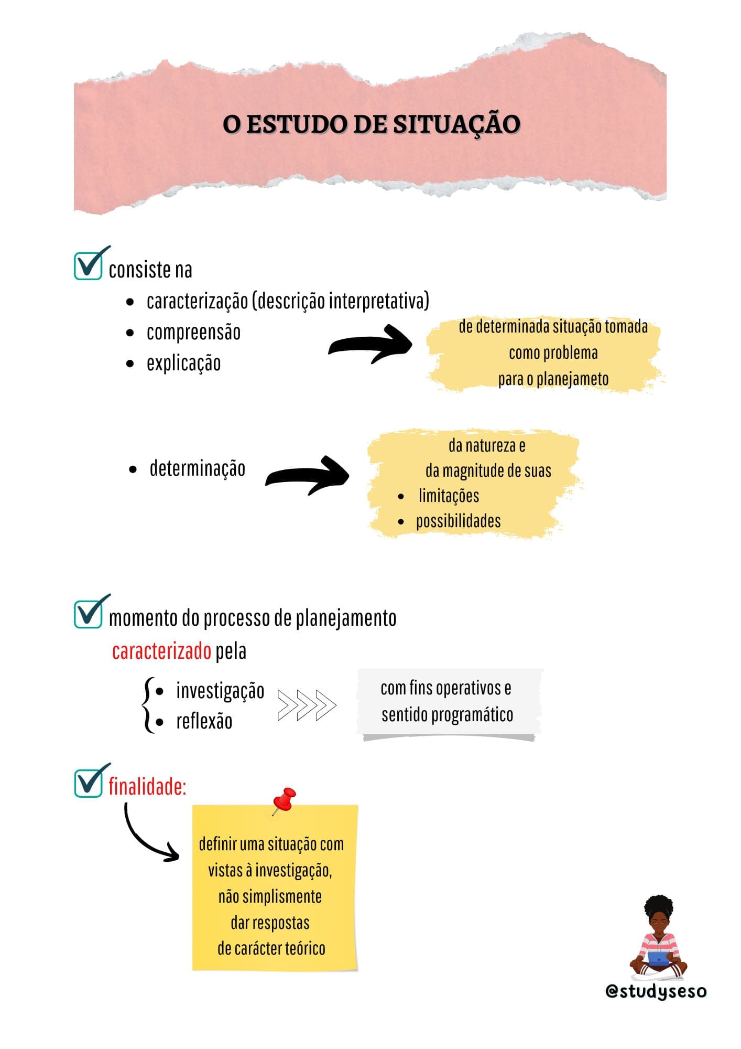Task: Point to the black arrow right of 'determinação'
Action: point(307,475)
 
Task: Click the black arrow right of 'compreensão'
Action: point(370,344)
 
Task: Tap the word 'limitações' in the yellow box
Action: point(449,496)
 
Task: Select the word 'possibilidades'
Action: point(459,521)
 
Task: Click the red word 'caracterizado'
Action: point(161,651)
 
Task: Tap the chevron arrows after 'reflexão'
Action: point(307,705)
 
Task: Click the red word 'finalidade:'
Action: point(148,787)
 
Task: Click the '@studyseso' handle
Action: point(656,991)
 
